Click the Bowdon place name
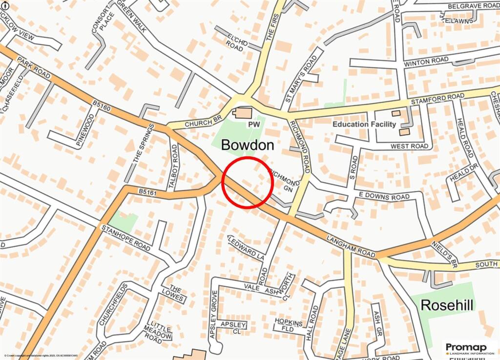point(248,145)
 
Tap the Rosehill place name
point(447,306)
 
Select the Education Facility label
point(364,124)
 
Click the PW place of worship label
point(253,125)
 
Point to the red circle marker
point(247,183)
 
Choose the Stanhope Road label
point(125,238)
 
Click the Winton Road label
point(426,62)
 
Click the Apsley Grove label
point(213,315)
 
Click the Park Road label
point(33,67)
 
